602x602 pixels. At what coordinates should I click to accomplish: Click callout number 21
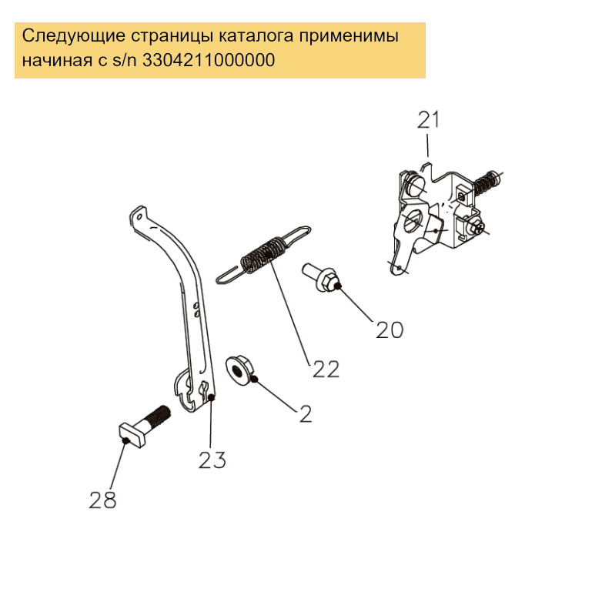428,120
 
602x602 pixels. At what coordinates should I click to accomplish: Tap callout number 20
390,329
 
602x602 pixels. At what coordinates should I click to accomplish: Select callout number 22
326,370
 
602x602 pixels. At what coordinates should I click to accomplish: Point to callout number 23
212,460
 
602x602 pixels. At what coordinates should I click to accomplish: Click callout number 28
102,500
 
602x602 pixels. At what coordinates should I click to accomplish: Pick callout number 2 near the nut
306,414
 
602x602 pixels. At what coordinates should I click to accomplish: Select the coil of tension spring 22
264,254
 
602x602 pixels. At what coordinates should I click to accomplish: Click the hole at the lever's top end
140,217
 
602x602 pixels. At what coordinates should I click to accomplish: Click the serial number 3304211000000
209,60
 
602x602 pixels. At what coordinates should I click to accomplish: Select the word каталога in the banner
256,36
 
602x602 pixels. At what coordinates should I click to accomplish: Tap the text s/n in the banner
125,60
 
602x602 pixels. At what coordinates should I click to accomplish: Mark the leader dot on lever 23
211,399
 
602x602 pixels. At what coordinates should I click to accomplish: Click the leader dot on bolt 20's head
337,286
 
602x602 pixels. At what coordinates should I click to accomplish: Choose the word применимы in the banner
349,36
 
